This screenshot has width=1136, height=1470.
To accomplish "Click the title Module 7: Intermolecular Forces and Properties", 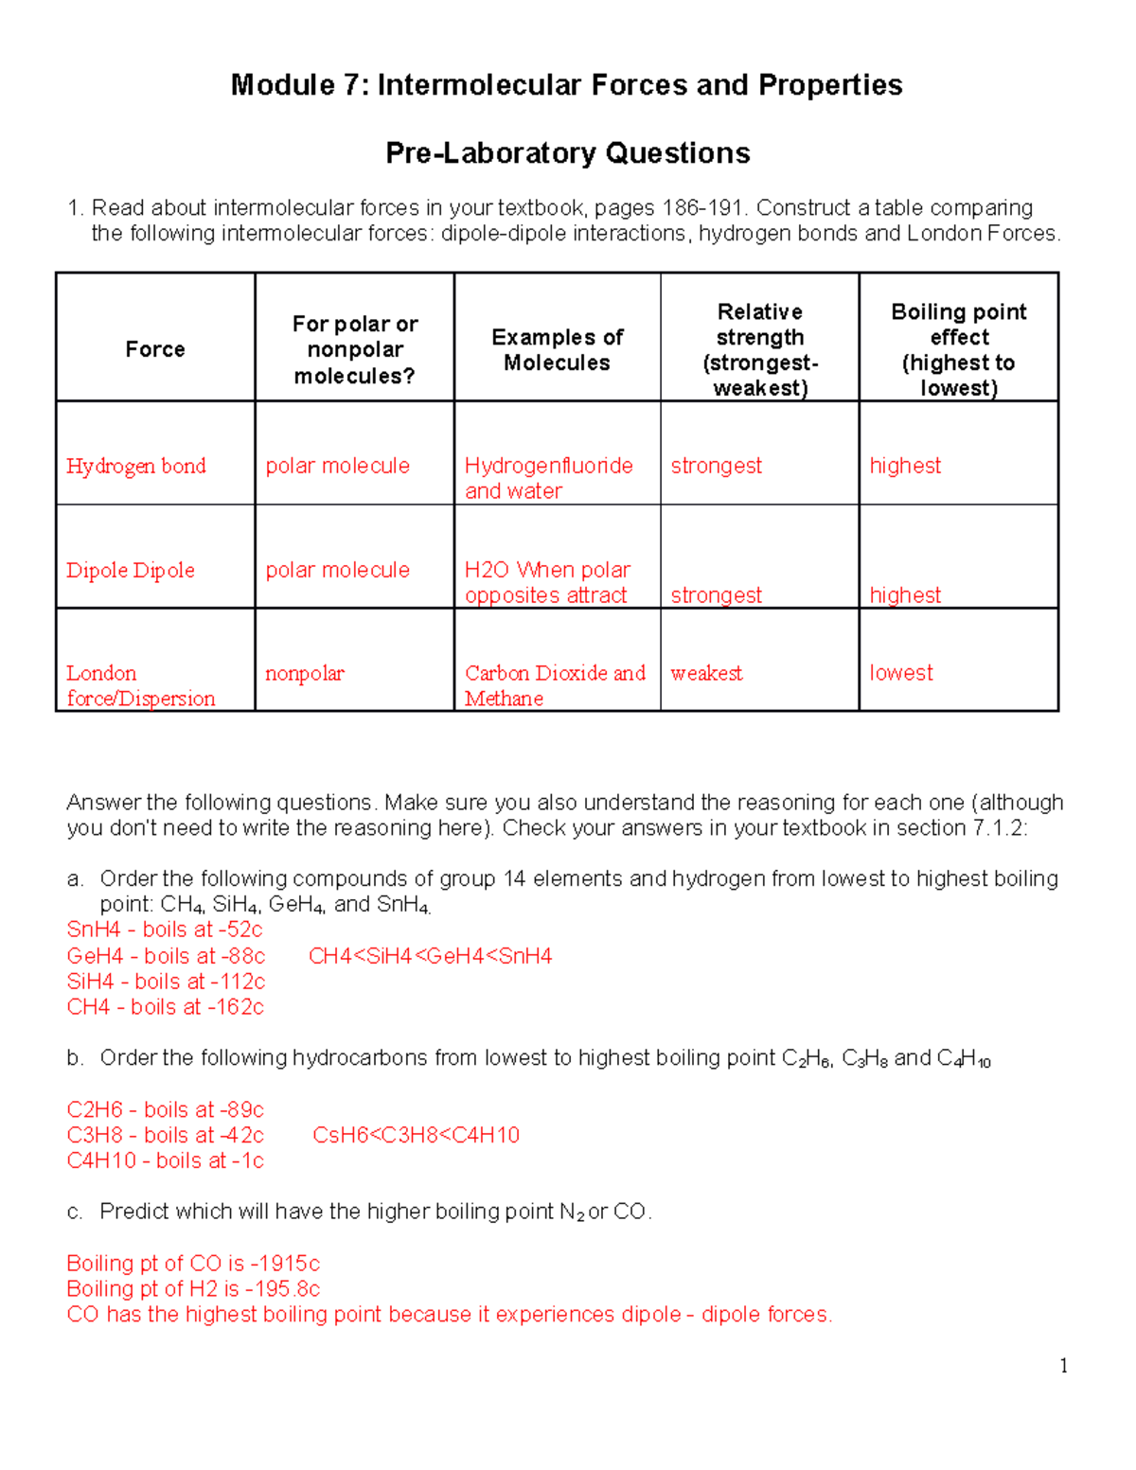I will (x=566, y=85).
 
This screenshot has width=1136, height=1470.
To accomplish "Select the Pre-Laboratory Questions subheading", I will (x=567, y=153).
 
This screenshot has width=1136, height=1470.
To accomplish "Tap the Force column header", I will (x=155, y=349).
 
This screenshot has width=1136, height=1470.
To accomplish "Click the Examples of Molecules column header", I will (x=557, y=349).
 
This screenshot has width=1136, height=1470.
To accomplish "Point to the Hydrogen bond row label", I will (x=135, y=466).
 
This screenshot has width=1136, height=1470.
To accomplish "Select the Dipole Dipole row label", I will (x=131, y=570).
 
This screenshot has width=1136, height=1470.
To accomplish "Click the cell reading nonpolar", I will (x=304, y=673).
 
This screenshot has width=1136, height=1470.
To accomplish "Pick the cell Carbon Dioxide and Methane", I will (x=554, y=685).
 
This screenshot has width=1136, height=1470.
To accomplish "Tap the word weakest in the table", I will (x=706, y=673).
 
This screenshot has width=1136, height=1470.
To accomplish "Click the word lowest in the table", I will (x=900, y=673).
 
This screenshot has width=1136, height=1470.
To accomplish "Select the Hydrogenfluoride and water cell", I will (x=548, y=478).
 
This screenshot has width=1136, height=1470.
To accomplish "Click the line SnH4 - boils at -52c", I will (x=165, y=930).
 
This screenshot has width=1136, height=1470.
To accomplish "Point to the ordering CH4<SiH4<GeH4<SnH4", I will (x=430, y=956).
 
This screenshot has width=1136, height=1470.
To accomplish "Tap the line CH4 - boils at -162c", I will (x=165, y=1007).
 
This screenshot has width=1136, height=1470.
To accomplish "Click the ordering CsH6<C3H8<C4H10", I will (x=416, y=1135).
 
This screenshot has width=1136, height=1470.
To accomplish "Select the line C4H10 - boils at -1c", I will (x=165, y=1160).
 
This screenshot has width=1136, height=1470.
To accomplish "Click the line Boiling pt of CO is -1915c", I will (x=193, y=1264).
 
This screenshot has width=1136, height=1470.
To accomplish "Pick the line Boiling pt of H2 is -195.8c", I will (x=193, y=1289).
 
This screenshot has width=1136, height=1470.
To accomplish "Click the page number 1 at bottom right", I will (x=1064, y=1365).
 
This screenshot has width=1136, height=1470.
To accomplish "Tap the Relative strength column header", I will (x=759, y=349).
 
